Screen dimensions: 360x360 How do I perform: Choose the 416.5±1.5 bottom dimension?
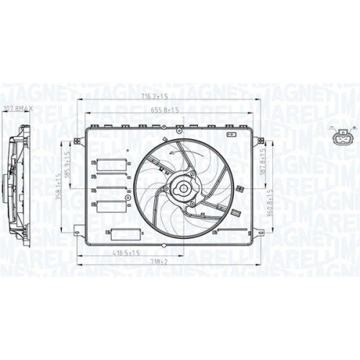(124, 254)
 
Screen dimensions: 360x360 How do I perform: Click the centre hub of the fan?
(183, 189)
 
